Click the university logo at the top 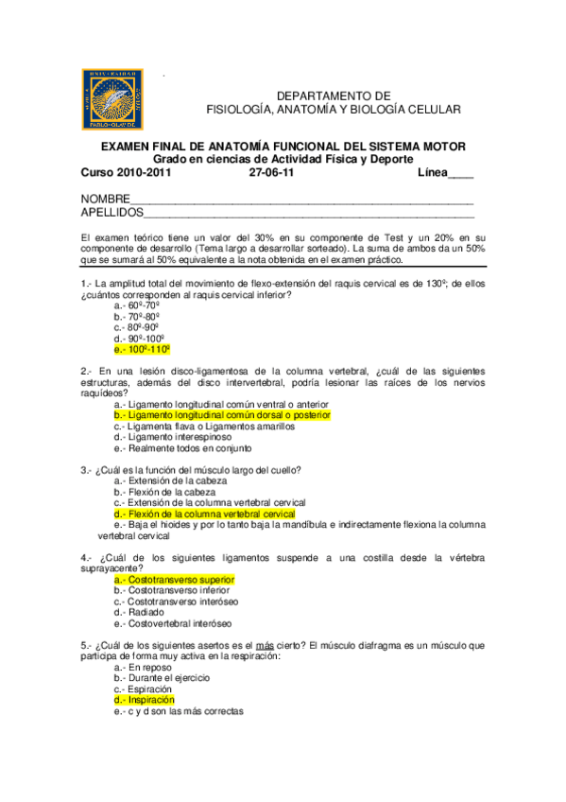coord(114,97)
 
